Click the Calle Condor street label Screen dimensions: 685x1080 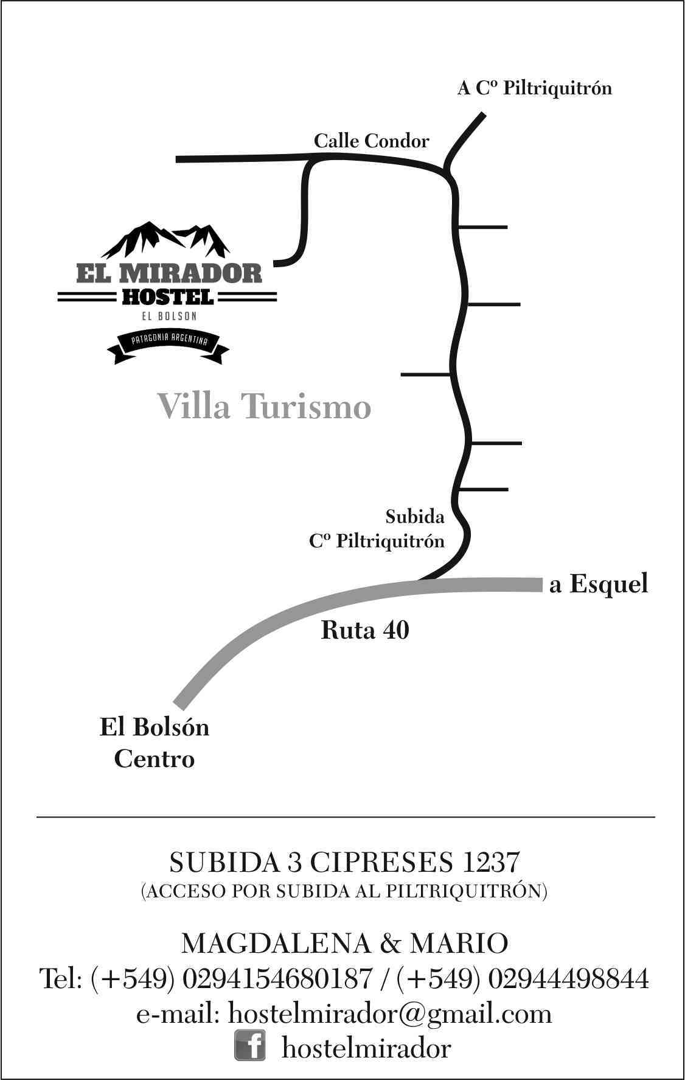[x=371, y=141]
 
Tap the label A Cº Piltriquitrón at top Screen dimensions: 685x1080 [x=535, y=88]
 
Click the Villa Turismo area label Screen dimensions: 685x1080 [x=264, y=406]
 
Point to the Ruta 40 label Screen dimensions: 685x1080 [x=365, y=630]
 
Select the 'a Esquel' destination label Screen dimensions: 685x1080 [x=599, y=584]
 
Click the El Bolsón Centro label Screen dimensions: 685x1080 [x=155, y=743]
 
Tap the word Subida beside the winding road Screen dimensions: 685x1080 [x=415, y=517]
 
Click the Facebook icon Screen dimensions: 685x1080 [x=250, y=1046]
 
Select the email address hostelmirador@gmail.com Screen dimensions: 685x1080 [x=390, y=1014]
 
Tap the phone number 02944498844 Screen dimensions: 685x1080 [x=568, y=979]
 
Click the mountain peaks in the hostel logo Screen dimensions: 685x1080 [x=165, y=240]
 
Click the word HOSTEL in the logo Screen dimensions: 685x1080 [x=167, y=297]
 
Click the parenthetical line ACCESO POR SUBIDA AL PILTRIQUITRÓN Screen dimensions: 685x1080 [x=344, y=892]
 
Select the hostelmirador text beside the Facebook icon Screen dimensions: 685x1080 [x=366, y=1048]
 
